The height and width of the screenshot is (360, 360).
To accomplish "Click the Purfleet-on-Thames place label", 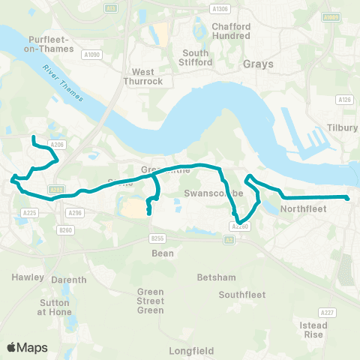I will point(50,44).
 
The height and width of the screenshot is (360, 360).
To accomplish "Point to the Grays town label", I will point(259,64).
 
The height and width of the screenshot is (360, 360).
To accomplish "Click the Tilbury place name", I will point(343,127).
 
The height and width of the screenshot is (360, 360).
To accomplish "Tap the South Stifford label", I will point(196,58).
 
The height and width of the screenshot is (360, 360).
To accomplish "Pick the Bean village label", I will point(163,253).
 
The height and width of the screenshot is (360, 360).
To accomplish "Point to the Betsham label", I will point(211,277).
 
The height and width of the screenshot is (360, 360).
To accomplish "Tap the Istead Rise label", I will point(313,330).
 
